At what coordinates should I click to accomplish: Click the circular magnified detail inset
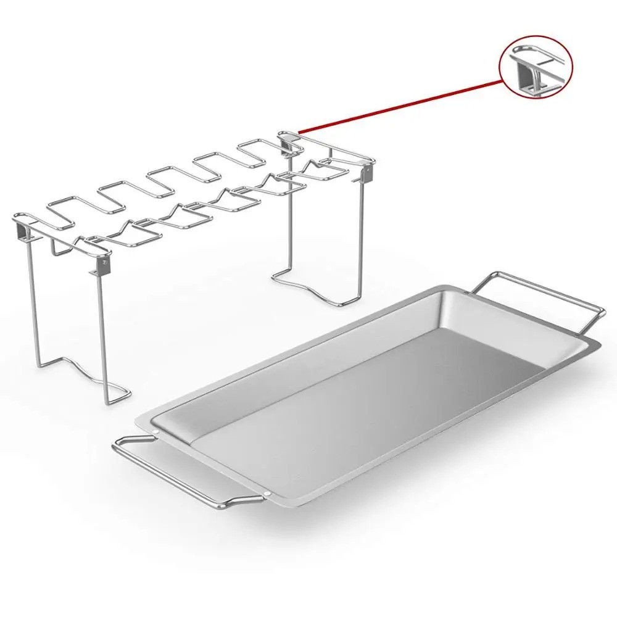[x=536, y=68]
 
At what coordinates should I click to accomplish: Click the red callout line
[x=401, y=105]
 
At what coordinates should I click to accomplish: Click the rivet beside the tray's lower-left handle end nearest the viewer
[x=270, y=494]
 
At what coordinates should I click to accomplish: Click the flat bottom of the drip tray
[x=370, y=401]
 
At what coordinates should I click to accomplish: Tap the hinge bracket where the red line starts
[x=288, y=141]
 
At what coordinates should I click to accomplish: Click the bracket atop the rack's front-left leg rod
[x=98, y=266]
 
